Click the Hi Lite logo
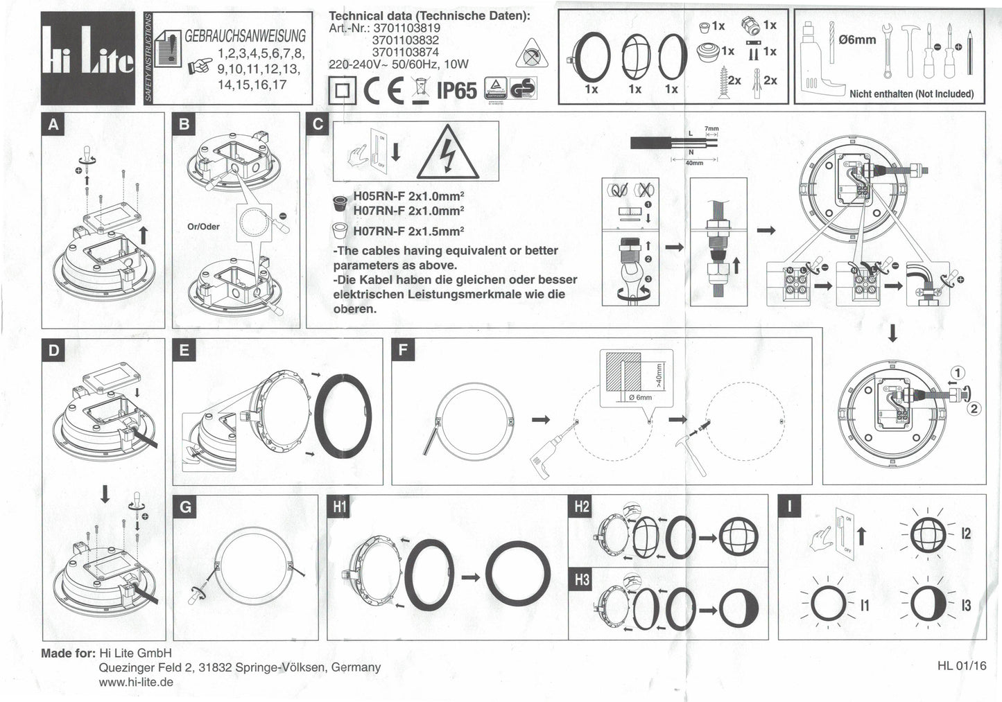87,58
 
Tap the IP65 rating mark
456,90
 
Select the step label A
53,125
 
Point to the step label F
403,350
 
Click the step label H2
581,507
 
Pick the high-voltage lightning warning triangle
447,152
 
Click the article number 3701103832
405,40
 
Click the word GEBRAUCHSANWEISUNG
245,36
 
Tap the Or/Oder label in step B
203,227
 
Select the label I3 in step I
966,606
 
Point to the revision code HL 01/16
960,666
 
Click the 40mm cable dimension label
693,164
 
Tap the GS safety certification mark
524,89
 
